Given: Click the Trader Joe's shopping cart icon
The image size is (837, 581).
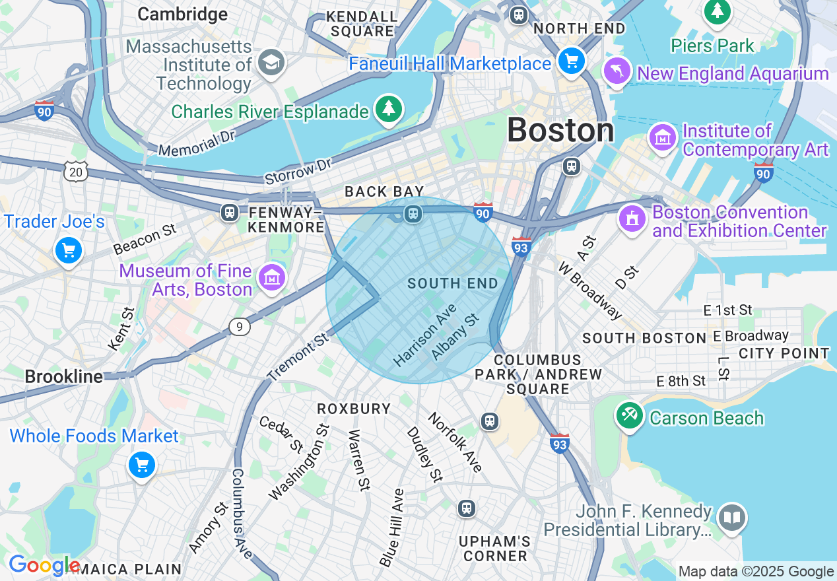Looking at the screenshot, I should click(69, 252).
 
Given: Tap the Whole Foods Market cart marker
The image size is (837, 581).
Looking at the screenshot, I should click(141, 465).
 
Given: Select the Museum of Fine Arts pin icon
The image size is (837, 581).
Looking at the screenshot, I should click(271, 278).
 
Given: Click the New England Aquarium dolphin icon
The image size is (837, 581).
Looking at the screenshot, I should click(618, 71).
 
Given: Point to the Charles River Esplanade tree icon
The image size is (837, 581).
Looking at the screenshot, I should click(388, 110).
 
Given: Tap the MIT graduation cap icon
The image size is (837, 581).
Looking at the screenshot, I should click(270, 63).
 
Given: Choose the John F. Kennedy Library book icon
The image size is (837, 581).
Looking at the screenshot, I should click(732, 519).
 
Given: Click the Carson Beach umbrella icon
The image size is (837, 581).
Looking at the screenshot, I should click(630, 417).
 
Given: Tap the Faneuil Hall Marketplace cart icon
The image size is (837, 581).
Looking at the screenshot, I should click(571, 61).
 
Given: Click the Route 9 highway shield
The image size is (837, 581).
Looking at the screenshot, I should click(240, 326).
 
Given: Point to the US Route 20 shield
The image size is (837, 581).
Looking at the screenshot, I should click(75, 172).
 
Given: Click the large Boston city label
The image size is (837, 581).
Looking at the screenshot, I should click(560, 130).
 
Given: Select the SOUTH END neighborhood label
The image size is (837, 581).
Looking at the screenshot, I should click(452, 284).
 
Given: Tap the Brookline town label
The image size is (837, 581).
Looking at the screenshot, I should click(64, 377).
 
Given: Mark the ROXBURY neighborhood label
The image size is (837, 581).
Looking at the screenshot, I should click(354, 409).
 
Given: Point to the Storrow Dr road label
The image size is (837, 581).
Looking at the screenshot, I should click(298, 171).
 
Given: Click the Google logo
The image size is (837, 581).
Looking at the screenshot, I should click(44, 565).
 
